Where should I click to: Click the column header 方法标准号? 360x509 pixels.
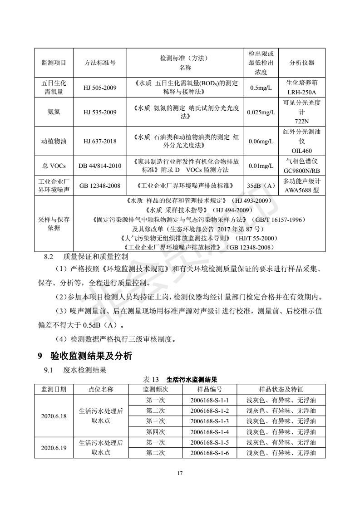point(99,64)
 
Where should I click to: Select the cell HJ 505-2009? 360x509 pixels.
point(99,88)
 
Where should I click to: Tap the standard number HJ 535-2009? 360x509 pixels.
point(99,112)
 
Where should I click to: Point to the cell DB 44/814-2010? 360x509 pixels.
point(99,166)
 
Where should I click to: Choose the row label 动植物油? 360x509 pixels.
point(54,141)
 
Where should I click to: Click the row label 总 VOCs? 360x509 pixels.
point(54,166)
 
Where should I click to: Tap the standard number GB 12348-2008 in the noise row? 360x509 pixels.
point(99,186)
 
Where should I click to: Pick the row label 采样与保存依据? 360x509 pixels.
point(54,224)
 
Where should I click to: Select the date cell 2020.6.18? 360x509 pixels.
point(54,416)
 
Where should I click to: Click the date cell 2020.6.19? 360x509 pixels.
point(54,448)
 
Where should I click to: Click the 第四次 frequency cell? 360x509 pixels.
point(156,431)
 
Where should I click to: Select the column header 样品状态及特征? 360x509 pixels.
point(281,389)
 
